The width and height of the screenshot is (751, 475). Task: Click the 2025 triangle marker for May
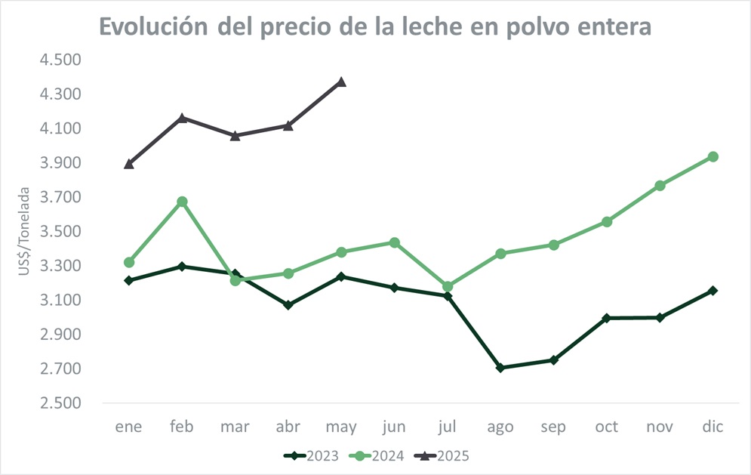pyautogui.click(x=341, y=82)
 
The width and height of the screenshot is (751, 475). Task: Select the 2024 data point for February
pyautogui.click(x=182, y=202)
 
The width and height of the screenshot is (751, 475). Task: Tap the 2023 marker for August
pyautogui.click(x=500, y=368)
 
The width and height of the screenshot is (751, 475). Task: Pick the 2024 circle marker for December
pyautogui.click(x=712, y=157)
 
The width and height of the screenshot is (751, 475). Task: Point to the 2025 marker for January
pyautogui.click(x=129, y=163)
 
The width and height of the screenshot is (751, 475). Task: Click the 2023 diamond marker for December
pyautogui.click(x=712, y=291)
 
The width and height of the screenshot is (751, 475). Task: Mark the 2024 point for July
pyautogui.click(x=447, y=287)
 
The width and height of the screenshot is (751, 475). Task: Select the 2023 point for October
pyautogui.click(x=606, y=318)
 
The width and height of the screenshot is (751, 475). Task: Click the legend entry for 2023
pyautogui.click(x=311, y=455)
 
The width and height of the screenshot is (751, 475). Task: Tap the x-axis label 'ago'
pyautogui.click(x=500, y=427)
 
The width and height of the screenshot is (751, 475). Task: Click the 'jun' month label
pyautogui.click(x=394, y=427)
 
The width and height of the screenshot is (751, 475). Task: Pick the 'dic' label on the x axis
pyautogui.click(x=712, y=427)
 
